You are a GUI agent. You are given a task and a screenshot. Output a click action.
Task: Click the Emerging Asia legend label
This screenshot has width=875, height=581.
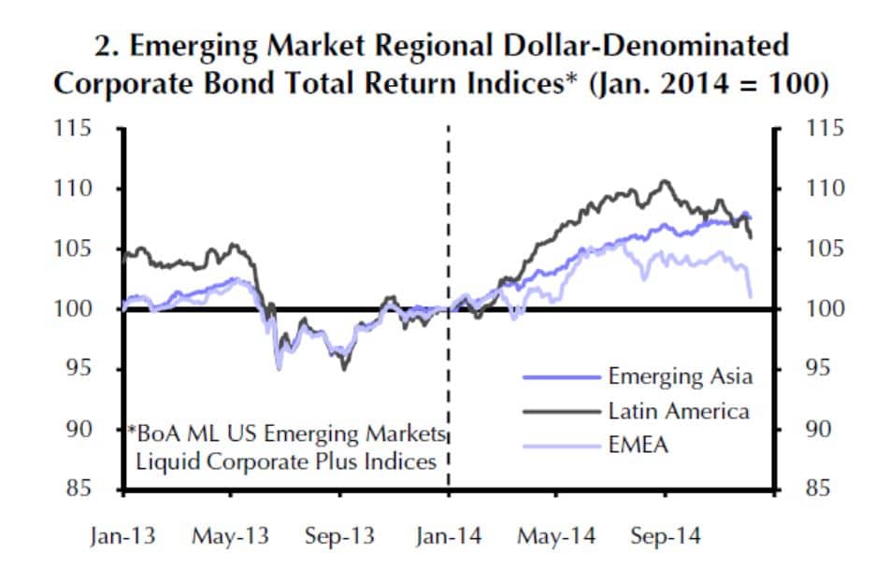point(680,376)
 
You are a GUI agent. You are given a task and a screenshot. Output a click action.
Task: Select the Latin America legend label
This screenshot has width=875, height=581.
point(679,411)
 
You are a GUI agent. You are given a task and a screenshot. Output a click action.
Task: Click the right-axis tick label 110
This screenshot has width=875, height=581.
point(824,189)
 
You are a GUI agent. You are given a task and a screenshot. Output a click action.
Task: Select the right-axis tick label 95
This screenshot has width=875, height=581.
point(818,369)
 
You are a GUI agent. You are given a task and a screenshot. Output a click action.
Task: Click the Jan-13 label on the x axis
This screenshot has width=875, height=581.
point(122,537)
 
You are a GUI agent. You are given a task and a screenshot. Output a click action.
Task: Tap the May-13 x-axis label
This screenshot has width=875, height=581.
point(230,537)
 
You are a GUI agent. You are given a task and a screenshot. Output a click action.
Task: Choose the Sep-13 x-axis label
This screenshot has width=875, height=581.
point(340,537)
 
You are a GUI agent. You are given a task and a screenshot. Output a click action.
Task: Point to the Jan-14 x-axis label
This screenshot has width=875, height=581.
point(449,537)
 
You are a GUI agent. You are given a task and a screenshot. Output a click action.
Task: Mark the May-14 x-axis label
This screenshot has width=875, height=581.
point(558,537)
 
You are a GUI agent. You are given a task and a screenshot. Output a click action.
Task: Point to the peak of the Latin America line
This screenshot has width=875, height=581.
point(665,181)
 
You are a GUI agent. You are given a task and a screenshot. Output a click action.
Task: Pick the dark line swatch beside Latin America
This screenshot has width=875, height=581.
point(560,412)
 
